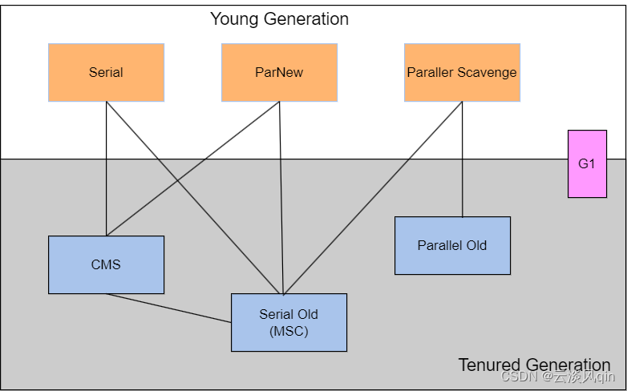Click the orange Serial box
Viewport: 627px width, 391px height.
[107, 72]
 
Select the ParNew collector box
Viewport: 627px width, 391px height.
[280, 72]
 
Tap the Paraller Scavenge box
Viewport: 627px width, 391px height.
[463, 72]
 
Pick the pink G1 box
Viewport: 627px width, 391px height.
[588, 163]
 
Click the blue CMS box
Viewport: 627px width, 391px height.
[107, 264]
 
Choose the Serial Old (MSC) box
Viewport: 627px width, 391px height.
[289, 323]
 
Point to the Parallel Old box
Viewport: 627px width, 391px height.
[453, 245]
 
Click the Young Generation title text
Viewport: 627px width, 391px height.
[280, 18]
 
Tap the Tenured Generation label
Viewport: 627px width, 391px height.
[534, 365]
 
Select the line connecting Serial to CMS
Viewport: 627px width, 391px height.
[107, 169]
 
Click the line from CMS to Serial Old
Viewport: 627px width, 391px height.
[168, 308]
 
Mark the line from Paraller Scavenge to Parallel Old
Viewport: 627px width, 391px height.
[463, 159]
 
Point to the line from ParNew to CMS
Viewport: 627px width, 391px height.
[192, 169]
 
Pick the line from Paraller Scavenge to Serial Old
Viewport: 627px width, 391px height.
[373, 198]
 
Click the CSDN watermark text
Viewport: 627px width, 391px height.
[558, 377]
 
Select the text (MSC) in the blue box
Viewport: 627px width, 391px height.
[289, 332]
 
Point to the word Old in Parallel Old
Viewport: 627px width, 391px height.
[476, 245]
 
